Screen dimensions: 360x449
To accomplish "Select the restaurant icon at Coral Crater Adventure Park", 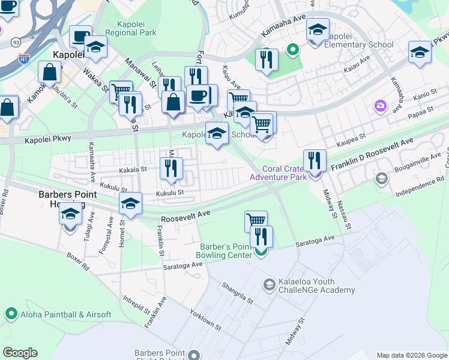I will pos(315,161).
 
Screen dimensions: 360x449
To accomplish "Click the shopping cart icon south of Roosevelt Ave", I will pos(256,221).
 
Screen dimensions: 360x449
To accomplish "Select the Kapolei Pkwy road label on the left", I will pos(47,139).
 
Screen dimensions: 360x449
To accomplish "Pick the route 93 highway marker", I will pos(16,43).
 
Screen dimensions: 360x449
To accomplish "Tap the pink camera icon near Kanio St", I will pos(380,106).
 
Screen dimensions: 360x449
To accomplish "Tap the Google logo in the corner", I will pos(20,353).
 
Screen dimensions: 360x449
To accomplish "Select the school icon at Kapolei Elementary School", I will pos(318,29).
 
